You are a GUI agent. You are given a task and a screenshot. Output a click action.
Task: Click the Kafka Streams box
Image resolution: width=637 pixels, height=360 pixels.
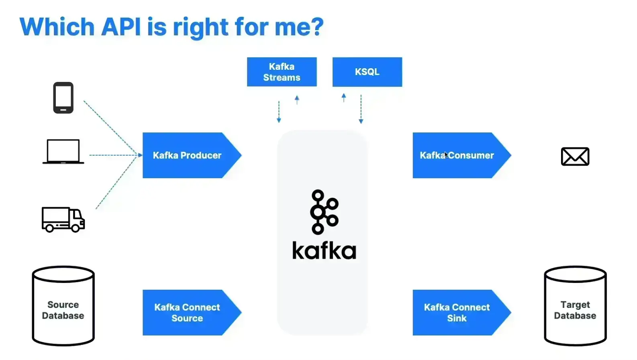pyautogui.click(x=282, y=72)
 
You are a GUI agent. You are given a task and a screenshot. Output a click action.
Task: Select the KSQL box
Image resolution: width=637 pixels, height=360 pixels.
pyautogui.click(x=367, y=72)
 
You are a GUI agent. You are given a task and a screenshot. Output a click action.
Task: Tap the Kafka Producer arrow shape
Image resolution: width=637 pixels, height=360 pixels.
pyautogui.click(x=187, y=155)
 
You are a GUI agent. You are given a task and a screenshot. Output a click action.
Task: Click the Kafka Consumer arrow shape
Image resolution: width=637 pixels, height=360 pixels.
pyautogui.click(x=457, y=155)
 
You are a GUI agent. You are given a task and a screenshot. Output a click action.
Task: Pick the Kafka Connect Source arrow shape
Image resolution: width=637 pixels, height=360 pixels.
pyautogui.click(x=187, y=313)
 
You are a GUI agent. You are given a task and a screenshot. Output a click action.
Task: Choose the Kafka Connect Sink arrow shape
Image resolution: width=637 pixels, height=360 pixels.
pyautogui.click(x=457, y=313)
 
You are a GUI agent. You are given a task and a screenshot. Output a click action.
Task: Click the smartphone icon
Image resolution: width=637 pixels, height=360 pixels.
pyautogui.click(x=63, y=98)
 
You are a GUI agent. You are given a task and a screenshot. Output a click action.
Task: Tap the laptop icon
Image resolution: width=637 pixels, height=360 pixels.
pyautogui.click(x=63, y=152)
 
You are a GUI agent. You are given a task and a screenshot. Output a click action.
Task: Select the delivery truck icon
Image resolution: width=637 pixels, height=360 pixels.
pyautogui.click(x=63, y=220)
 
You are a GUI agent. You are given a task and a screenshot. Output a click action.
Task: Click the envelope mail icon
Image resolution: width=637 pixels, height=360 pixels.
pyautogui.click(x=575, y=157)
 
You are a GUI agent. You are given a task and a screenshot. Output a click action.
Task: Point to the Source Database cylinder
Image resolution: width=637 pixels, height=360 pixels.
pyautogui.click(x=63, y=306)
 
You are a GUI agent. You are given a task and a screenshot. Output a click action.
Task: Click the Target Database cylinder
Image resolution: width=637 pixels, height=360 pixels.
pyautogui.click(x=575, y=306)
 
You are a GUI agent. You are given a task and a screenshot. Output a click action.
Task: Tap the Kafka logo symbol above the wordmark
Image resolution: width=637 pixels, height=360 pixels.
pyautogui.click(x=324, y=212)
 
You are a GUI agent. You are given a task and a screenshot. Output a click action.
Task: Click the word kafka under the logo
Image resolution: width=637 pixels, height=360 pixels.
pyautogui.click(x=324, y=250)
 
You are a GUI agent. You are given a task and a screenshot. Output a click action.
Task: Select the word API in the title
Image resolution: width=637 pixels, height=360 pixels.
pyautogui.click(x=121, y=27)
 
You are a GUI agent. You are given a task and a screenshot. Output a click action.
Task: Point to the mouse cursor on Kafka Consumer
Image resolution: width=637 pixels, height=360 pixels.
pyautogui.click(x=446, y=155)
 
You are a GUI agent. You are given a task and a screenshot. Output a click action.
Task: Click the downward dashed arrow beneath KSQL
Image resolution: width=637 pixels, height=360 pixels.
pyautogui.click(x=361, y=109)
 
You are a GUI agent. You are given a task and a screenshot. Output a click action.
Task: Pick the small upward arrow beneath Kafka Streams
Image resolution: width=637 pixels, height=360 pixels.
pyautogui.click(x=297, y=100)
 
